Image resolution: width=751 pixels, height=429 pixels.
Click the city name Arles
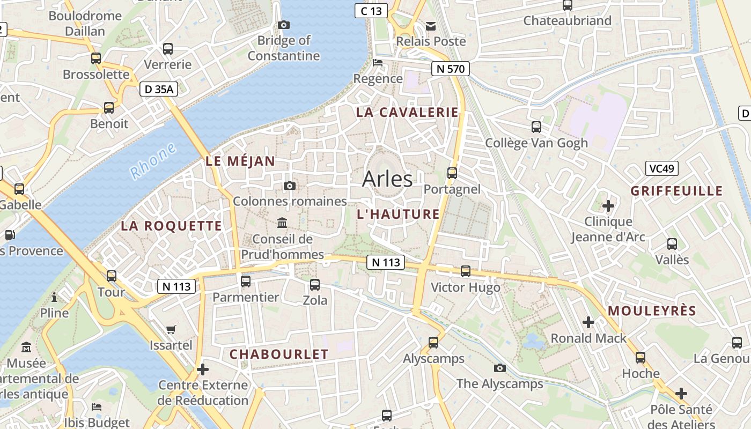[387, 179]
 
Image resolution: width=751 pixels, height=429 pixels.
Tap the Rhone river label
[153, 161]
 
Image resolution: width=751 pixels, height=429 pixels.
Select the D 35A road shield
[159, 90]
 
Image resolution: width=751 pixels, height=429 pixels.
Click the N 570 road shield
[450, 69]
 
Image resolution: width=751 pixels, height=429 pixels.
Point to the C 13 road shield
[371, 11]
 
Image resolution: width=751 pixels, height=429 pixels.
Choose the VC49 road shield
[661, 168]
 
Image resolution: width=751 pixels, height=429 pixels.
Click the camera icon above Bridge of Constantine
[284, 25]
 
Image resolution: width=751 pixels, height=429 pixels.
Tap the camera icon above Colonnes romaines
[290, 186]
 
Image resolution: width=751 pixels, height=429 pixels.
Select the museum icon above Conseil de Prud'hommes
[282, 223]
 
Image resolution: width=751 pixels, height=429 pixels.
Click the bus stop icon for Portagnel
[452, 173]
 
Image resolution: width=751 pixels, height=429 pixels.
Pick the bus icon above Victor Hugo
[466, 271]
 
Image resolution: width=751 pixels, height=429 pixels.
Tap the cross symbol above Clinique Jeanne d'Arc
[608, 205]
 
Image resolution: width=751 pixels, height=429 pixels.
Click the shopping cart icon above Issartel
[171, 329]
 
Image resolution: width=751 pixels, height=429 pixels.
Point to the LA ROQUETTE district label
[171, 226]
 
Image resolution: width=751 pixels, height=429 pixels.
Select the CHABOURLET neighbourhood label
[278, 354]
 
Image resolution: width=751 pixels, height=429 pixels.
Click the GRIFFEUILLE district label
[676, 191]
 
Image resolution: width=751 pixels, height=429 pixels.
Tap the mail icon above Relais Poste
[431, 26]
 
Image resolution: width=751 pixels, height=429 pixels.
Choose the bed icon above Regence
[378, 63]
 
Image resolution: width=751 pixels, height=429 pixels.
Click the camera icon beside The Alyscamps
[500, 368]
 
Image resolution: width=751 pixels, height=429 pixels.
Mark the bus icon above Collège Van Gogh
[536, 127]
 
